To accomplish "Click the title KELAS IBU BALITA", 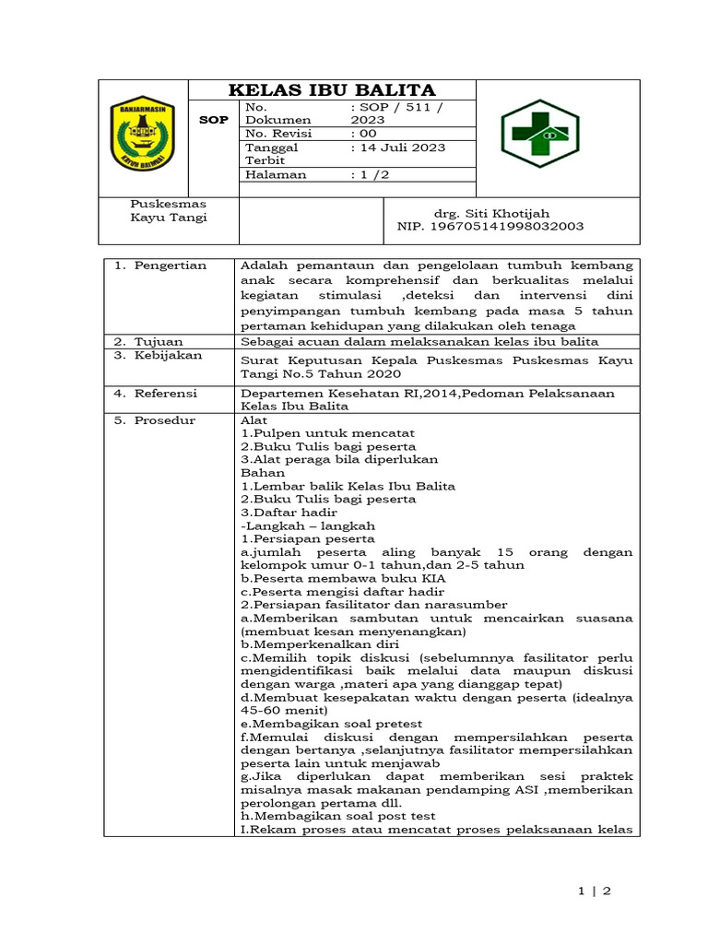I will pos(332,90).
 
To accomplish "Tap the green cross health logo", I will pos(539,134).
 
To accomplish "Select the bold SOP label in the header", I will pos(213,121).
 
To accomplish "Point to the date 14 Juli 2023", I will pos(398,147).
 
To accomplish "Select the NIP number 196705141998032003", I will pos(490,227).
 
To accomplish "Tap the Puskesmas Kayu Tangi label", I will pos(169,210).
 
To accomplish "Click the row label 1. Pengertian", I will pos(160,265).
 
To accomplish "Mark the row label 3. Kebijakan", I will pos(158,355).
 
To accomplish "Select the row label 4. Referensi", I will pos(156,394).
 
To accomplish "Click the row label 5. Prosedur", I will pos(154,420).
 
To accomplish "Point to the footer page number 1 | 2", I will pos(595,891).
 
